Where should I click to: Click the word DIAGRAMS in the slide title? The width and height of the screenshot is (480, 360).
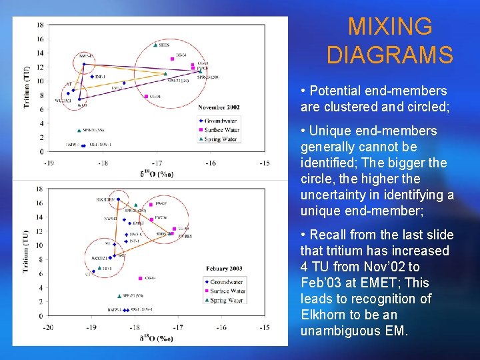[x=390, y=54]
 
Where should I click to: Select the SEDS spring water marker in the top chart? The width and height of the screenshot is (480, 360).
[x=155, y=45]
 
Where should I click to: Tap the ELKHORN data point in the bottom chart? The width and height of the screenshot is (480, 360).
[x=119, y=199]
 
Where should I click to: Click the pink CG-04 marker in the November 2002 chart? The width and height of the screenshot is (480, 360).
[x=146, y=97]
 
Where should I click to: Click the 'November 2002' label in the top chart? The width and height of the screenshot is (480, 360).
[x=219, y=107]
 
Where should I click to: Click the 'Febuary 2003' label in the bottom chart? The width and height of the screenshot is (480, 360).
[x=225, y=268]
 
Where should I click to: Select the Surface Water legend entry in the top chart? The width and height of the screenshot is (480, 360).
[x=221, y=130]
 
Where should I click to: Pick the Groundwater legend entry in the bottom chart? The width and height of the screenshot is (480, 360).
[x=225, y=282]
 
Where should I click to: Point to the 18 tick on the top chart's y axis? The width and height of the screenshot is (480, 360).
[x=40, y=25]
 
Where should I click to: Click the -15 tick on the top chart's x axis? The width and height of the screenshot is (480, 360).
[x=264, y=163]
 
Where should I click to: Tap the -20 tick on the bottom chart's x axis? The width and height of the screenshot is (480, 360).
[x=48, y=327]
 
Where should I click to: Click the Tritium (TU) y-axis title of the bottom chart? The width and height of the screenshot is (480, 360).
[x=25, y=251]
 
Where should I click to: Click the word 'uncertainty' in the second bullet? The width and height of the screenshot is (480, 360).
[x=336, y=195]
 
